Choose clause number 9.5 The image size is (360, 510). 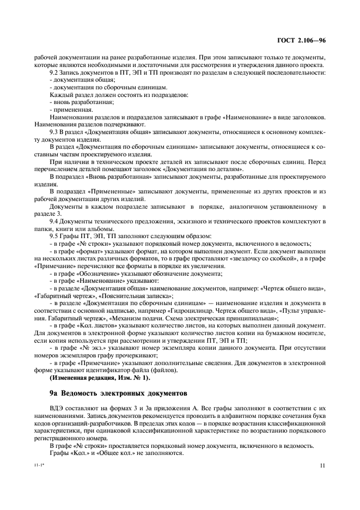coord(54,235)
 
